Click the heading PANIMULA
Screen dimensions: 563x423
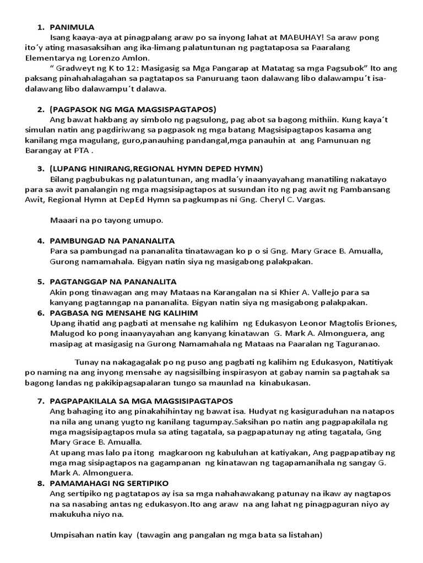tap(72, 27)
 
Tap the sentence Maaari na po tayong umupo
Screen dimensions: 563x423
tap(105, 220)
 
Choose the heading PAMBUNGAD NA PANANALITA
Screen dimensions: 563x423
tap(112, 241)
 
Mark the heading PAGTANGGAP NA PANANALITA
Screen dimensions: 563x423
tap(112, 282)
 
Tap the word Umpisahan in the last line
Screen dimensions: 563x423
tap(73, 534)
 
